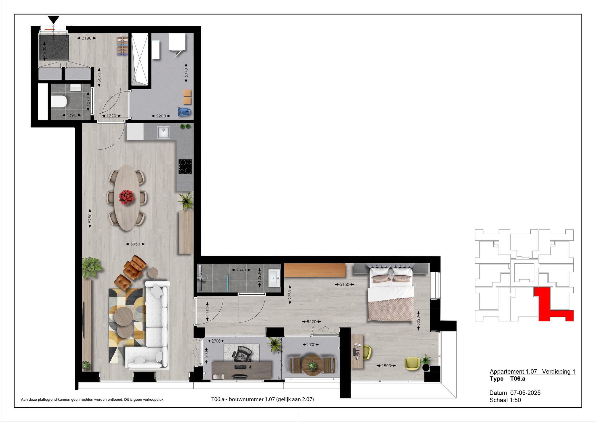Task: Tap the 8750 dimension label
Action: coord(90,219)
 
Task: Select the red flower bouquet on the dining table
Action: coord(126,197)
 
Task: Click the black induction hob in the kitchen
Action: coord(185,167)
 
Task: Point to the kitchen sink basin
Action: coord(163,132)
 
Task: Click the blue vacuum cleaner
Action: coord(184,112)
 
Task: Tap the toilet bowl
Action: coord(59,101)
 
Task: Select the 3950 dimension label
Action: coord(135,244)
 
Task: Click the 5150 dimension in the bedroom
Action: coord(344,284)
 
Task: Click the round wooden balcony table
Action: coord(312,365)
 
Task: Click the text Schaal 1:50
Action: coord(505,400)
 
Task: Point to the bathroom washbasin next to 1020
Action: coord(273,278)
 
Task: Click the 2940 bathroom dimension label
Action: coord(241,270)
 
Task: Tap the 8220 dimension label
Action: coord(312,321)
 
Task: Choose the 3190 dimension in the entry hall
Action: coord(87,38)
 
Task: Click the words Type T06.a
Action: coord(507,379)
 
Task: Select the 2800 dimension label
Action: coord(386,366)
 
